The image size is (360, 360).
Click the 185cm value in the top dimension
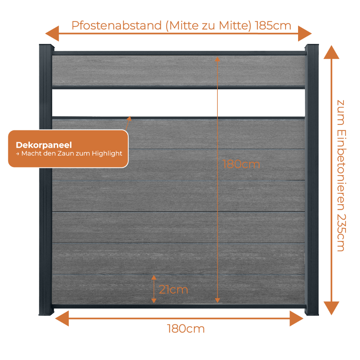point(273,26)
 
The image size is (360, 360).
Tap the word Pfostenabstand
point(117,26)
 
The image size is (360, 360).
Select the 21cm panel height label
point(174,289)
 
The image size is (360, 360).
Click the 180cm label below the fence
point(186,329)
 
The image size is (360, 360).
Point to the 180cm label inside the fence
point(241,165)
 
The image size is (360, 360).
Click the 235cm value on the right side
point(341,233)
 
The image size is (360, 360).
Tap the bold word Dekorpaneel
point(44,145)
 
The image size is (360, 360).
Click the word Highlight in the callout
point(107,153)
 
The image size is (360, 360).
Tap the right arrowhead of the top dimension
point(305,33)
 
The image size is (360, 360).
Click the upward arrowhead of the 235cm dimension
point(331,52)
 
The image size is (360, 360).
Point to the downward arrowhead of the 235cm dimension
point(331,308)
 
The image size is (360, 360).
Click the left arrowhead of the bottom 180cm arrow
point(62,319)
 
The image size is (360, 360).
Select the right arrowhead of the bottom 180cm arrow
point(296,319)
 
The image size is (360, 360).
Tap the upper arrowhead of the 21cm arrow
point(154,278)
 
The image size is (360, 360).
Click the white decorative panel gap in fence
point(179,103)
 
